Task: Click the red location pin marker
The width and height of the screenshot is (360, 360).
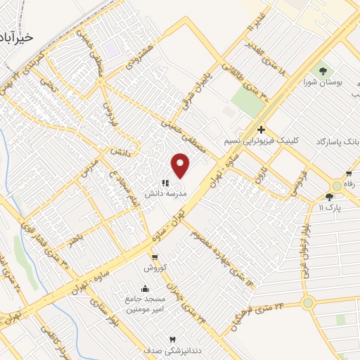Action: [181, 165]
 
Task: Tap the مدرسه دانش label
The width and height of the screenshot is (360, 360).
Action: [165, 192]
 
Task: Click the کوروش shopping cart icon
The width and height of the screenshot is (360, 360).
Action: [154, 258]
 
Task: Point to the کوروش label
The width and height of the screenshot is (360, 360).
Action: [154, 268]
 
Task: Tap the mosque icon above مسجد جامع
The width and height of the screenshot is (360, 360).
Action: [145, 288]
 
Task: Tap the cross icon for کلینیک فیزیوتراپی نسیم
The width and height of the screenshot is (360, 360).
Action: [261, 129]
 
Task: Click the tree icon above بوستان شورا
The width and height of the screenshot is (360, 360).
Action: [323, 70]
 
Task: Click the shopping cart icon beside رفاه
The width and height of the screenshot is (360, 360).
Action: [349, 174]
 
